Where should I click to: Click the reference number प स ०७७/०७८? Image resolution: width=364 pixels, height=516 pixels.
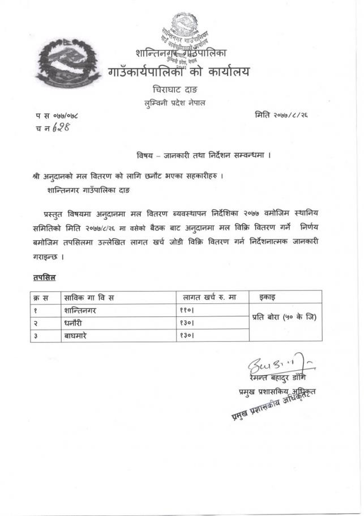coord(57,116)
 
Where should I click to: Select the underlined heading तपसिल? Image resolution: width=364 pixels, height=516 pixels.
coord(43,278)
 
